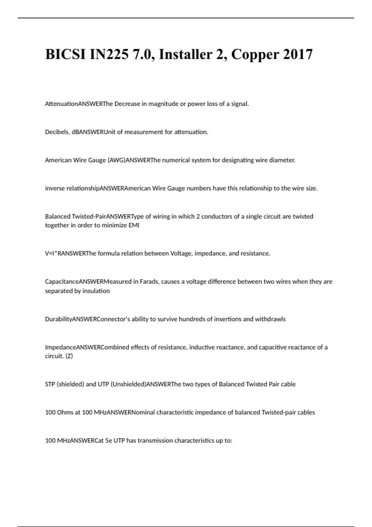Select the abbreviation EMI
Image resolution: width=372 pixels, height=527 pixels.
click(134, 225)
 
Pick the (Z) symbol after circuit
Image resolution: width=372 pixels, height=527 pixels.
click(68, 356)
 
